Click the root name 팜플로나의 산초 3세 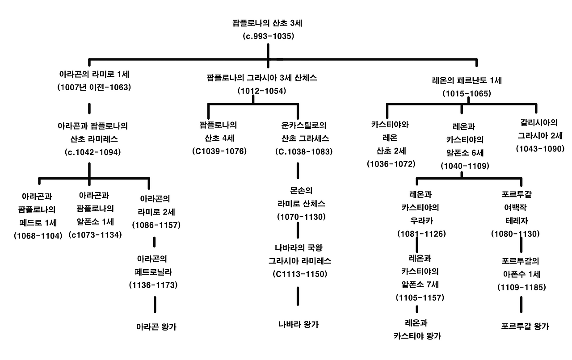(268, 23)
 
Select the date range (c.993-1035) (268, 36)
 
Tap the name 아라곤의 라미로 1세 (94, 74)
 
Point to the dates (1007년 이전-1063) (94, 88)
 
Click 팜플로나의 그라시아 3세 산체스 (262, 77)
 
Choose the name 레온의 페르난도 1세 (467, 80)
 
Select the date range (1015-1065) (467, 94)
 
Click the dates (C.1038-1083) (304, 151)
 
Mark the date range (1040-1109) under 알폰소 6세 (465, 166)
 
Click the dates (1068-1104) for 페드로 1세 (38, 235)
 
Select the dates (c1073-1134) (95, 234)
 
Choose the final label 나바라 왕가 (299, 324)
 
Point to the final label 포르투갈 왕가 (525, 327)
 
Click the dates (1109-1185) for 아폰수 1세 (522, 288)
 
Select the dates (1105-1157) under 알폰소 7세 (420, 297)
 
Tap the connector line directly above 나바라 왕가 (298, 296)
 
